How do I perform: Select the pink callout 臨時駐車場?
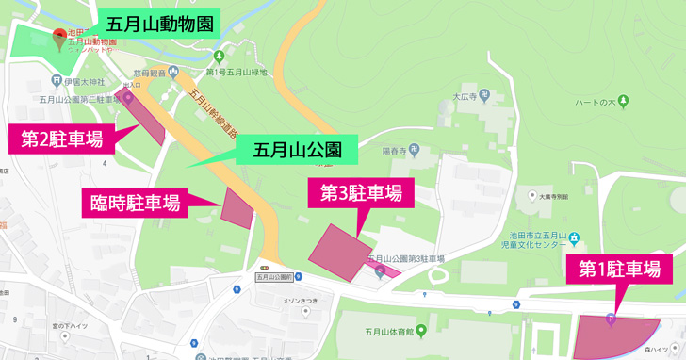tap(135, 203)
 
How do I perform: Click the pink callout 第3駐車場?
tap(362, 193)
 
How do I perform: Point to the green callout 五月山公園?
tap(297, 149)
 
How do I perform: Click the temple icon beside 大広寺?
tap(484, 95)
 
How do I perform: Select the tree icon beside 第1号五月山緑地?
tap(220, 57)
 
